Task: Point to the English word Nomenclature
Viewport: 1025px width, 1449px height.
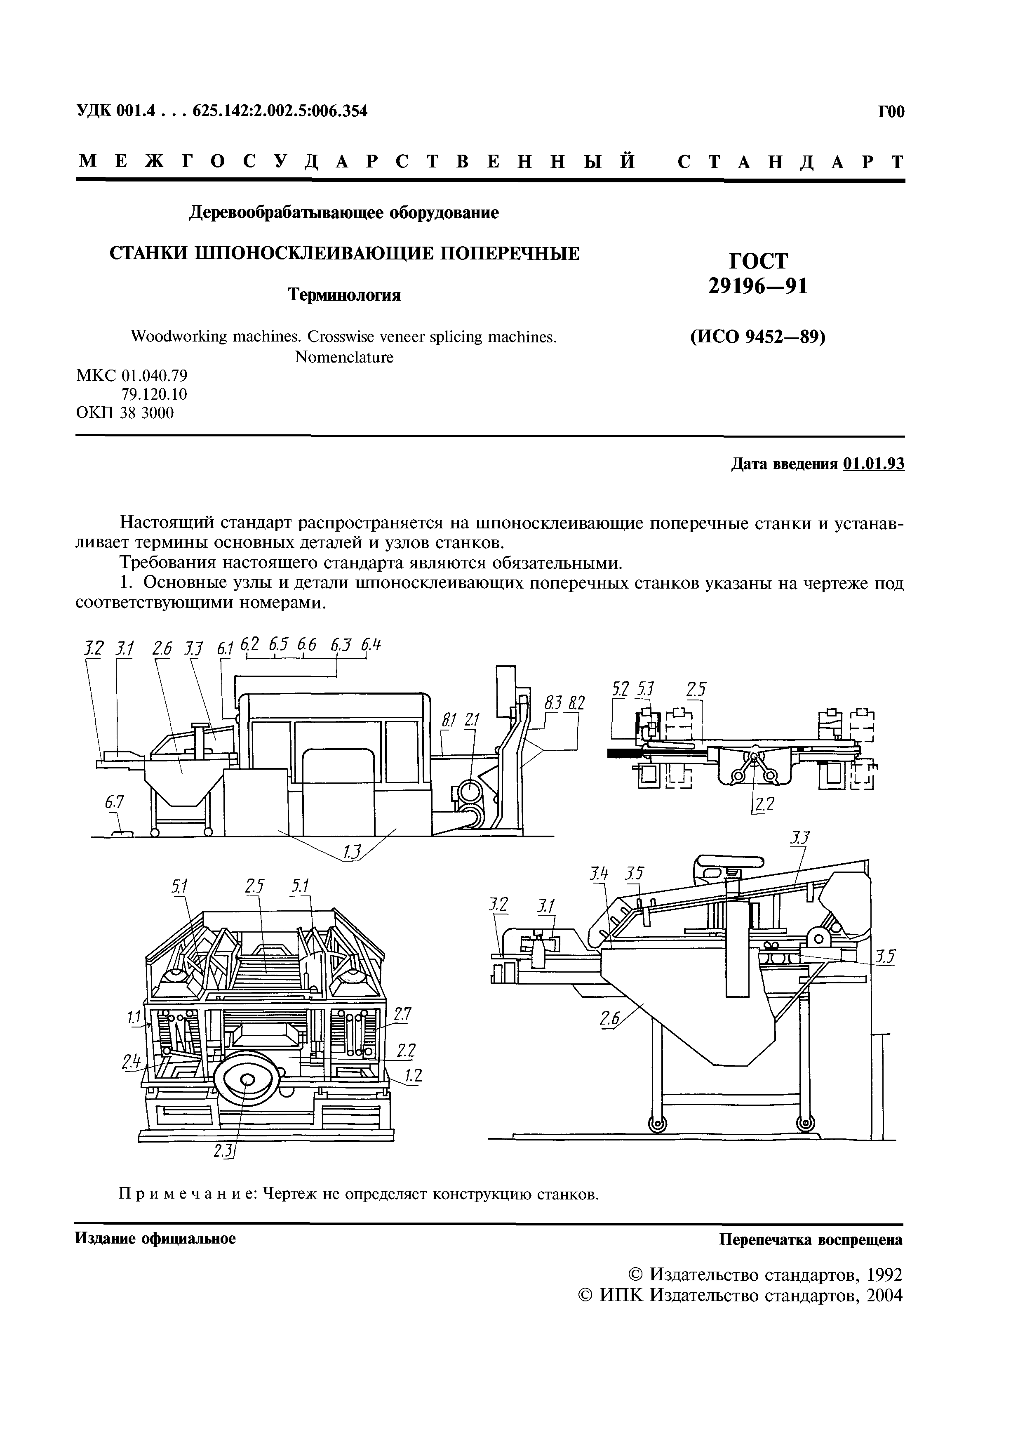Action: point(344,357)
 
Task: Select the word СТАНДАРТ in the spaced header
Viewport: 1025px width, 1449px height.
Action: point(791,162)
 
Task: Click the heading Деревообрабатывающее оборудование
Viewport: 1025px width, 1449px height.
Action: point(344,213)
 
